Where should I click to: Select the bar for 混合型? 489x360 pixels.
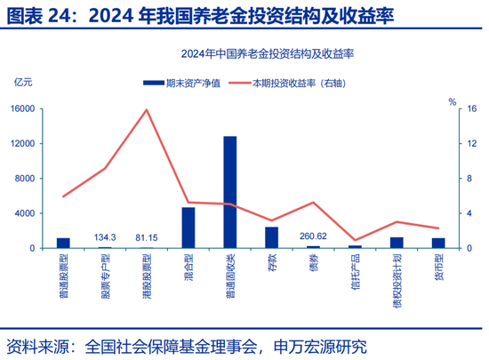[x=188, y=228]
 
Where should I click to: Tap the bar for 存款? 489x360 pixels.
[x=271, y=237]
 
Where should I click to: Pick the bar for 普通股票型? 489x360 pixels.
[x=63, y=243]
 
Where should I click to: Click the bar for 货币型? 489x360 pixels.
[x=438, y=243]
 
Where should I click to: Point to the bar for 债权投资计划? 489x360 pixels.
[x=397, y=242]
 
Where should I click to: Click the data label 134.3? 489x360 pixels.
[x=105, y=237]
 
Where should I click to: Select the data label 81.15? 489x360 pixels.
[x=147, y=237]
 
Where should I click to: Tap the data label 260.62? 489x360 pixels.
[x=313, y=236]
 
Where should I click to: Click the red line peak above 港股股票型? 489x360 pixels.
[x=147, y=110]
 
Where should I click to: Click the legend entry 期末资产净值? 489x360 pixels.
[x=178, y=83]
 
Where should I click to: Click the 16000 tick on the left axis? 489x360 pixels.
[x=21, y=108]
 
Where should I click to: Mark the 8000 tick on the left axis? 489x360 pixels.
[x=24, y=179]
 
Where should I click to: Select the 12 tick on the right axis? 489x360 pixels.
[x=471, y=144]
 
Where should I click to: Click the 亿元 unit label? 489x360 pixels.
[x=23, y=83]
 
